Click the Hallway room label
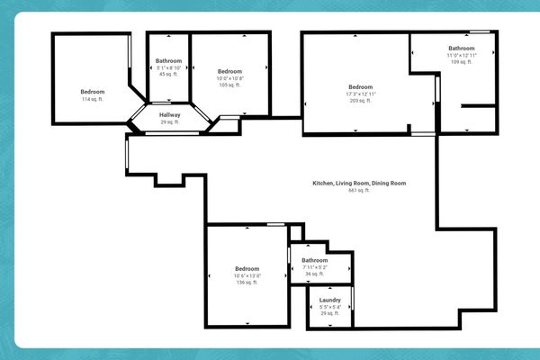(170, 115)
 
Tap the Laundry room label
(329, 300)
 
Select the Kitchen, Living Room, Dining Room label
(359, 184)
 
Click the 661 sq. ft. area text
(359, 191)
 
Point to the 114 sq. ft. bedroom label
(93, 99)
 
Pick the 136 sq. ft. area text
(247, 283)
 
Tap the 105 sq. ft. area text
(229, 85)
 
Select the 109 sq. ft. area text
(462, 62)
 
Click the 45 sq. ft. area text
(168, 75)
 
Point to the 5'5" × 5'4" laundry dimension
(329, 307)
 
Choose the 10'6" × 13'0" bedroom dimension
(247, 275)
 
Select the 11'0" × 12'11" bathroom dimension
(462, 55)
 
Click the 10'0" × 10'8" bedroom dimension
(229, 78)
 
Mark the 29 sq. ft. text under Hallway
(170, 122)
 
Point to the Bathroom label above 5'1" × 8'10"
(168, 60)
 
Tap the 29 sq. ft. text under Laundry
(329, 314)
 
